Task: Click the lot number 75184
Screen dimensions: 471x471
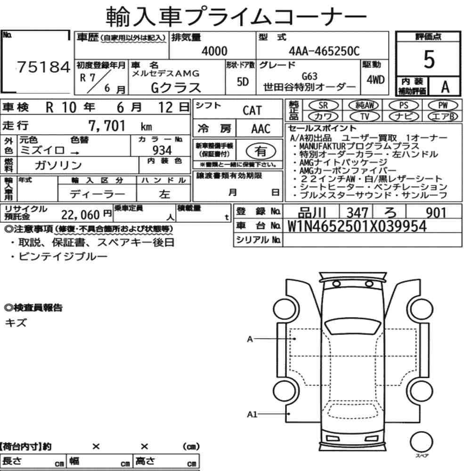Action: [x=43, y=67]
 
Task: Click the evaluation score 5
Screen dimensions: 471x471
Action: [x=429, y=59]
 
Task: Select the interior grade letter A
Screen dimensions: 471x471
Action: [x=445, y=87]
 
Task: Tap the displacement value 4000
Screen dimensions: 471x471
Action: [x=214, y=51]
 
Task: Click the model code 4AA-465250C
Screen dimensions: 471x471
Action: [x=324, y=51]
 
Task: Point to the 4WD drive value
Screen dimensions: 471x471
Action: [x=375, y=80]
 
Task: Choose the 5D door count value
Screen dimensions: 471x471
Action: [x=243, y=81]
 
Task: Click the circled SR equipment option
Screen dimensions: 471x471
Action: [x=323, y=106]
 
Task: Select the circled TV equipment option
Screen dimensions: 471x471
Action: [x=365, y=116]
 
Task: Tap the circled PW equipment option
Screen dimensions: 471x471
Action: [x=443, y=106]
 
